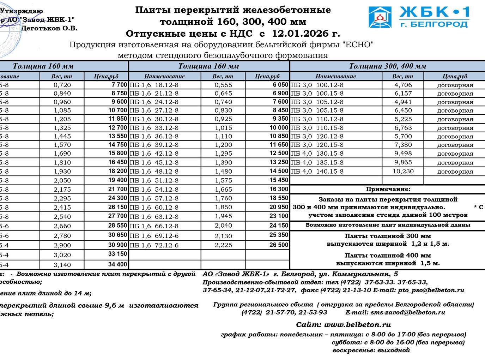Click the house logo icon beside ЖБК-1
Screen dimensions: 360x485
pos(380,17)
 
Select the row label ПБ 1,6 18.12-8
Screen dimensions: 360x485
pos(154,85)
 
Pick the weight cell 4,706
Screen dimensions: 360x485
pos(403,85)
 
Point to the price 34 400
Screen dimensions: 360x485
pos(117,264)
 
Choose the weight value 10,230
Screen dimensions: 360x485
pos(403,171)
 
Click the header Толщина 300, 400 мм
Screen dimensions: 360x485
pos(387,66)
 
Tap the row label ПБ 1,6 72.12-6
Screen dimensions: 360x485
pos(154,245)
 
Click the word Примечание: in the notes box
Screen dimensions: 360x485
pos(388,189)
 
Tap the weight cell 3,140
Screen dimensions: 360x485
pos(62,265)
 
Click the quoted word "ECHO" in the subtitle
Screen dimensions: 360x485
pos(358,45)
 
